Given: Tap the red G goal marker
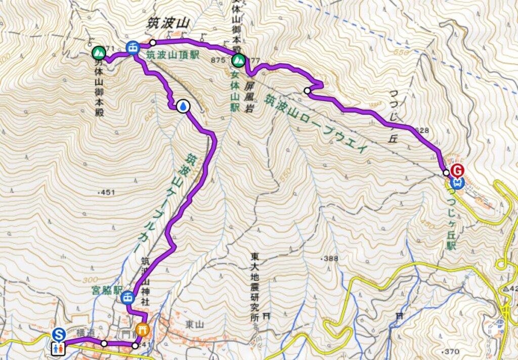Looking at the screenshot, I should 457,170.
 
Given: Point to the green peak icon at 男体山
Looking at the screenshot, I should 98,52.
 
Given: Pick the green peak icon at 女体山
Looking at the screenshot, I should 238,61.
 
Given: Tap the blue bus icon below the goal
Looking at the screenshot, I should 457,182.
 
